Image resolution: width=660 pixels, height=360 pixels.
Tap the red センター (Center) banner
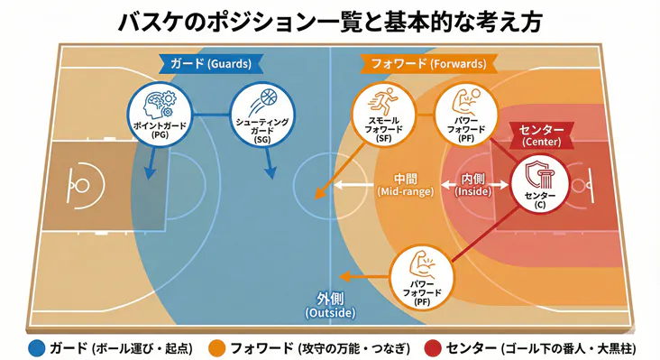click(x=541, y=135)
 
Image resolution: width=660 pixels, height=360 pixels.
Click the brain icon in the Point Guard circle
click(x=160, y=102)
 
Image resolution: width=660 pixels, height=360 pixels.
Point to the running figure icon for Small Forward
click(x=377, y=100)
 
